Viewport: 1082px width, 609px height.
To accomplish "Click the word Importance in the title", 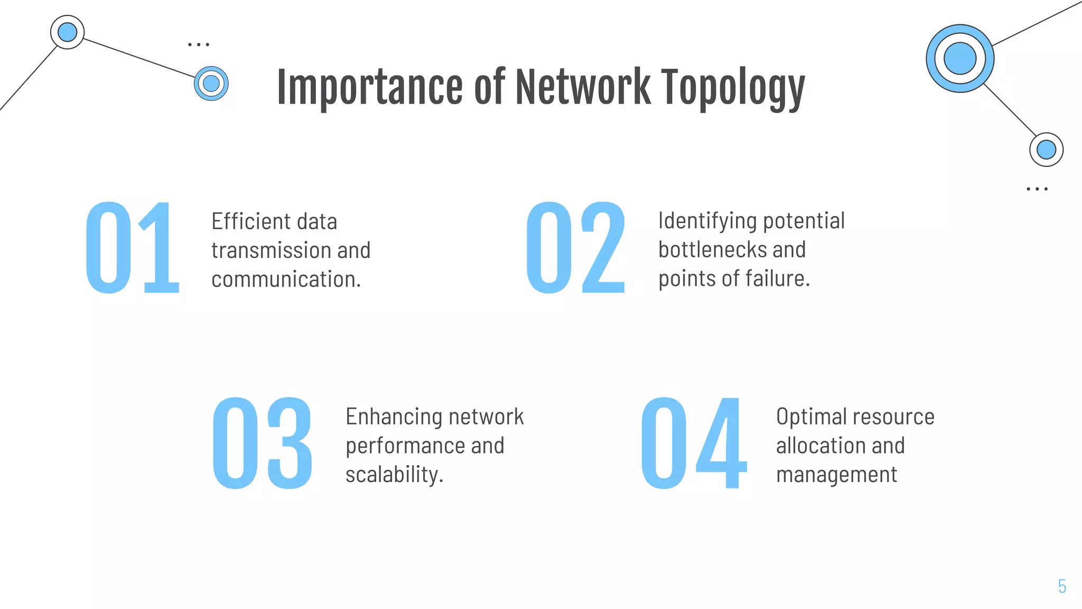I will click(370, 87).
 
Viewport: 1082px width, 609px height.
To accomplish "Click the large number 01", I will click(133, 247).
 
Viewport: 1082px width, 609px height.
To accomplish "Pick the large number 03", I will click(263, 443).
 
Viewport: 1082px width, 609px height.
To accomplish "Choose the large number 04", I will click(694, 443).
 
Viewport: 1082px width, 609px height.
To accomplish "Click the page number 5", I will click(1062, 586).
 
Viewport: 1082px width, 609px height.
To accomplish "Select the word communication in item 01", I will click(285, 279).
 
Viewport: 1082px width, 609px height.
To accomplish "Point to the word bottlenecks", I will click(706, 250).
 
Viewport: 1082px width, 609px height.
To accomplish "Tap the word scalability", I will click(394, 475).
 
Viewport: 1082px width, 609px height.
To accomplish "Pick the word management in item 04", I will click(836, 475).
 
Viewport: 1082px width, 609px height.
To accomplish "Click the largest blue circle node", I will click(960, 59).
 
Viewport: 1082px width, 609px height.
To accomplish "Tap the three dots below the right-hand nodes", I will click(1037, 189).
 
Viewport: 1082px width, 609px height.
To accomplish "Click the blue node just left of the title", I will click(211, 84).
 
